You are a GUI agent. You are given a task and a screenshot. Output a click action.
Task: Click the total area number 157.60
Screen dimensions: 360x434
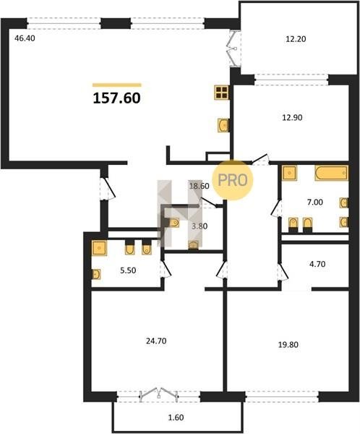(117, 98)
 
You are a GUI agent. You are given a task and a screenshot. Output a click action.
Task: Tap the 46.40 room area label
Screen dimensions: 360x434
(25, 38)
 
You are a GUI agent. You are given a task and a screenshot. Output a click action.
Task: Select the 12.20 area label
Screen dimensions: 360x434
(296, 39)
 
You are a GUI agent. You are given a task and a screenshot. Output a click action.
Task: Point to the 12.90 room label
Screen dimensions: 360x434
(292, 118)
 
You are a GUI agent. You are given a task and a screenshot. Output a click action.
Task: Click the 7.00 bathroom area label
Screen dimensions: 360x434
(315, 203)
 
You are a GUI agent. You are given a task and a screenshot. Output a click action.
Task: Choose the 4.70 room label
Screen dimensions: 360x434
(317, 264)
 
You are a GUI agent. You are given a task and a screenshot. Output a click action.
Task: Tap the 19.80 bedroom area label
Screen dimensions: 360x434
(288, 344)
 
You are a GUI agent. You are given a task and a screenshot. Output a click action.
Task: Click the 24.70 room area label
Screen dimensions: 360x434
(156, 341)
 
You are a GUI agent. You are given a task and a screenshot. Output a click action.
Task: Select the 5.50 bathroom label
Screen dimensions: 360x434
(128, 271)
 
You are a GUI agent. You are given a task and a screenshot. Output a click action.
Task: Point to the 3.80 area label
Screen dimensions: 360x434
(200, 226)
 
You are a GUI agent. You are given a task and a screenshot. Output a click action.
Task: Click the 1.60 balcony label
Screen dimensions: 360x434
(176, 417)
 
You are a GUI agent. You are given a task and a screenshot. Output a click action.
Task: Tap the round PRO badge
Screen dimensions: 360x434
(233, 180)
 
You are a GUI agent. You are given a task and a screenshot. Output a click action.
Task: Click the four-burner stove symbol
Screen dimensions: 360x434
(222, 92)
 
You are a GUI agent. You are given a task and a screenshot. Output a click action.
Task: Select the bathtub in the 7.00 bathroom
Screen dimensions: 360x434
(332, 173)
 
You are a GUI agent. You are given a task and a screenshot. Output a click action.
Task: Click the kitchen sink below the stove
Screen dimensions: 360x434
(223, 125)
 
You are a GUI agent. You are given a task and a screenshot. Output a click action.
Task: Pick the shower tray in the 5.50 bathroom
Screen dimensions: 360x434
(99, 248)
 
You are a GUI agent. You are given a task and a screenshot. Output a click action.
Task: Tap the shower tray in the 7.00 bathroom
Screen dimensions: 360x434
(289, 173)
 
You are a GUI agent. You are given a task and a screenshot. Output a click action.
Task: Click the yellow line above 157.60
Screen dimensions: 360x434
(117, 85)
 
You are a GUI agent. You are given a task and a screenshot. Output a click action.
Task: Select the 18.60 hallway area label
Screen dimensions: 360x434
(199, 186)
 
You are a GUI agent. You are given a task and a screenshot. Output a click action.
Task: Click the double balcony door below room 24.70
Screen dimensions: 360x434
(158, 393)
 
